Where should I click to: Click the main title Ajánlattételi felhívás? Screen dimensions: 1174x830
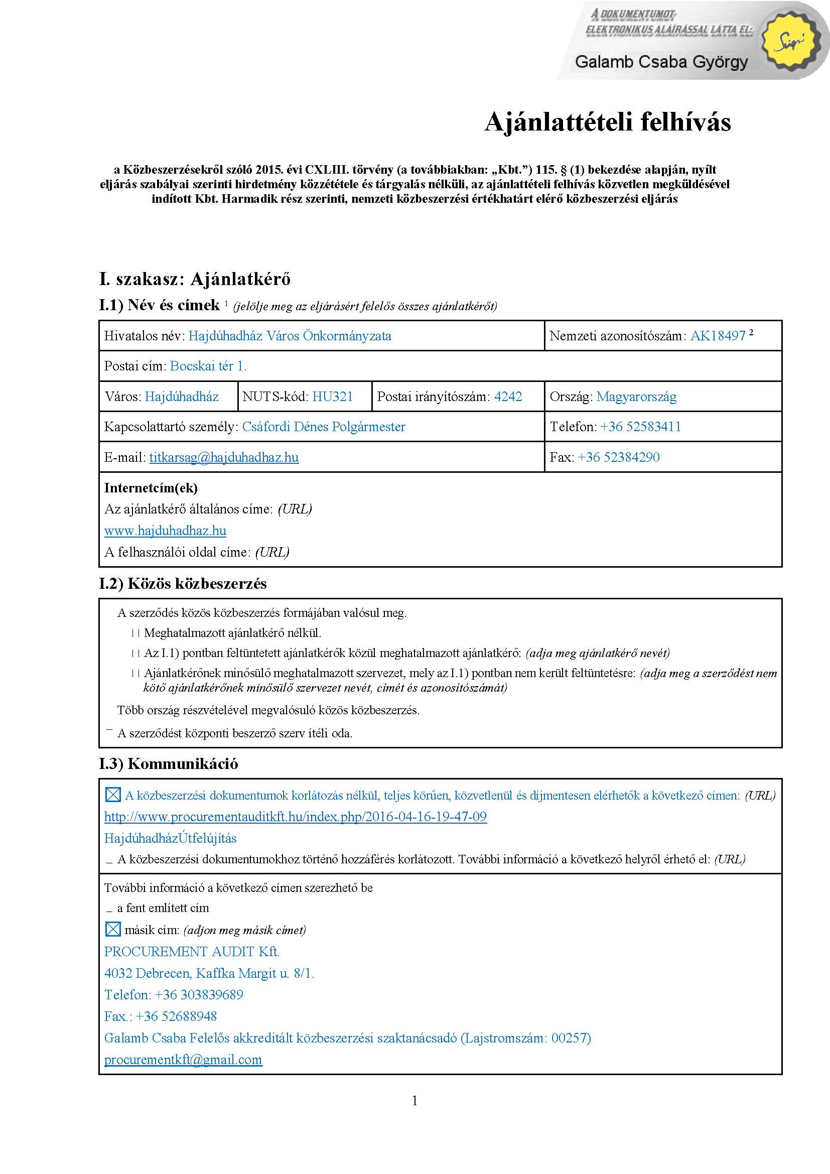pos(607,122)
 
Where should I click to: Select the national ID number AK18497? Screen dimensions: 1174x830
pos(718,336)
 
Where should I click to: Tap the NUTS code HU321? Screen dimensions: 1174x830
pos(332,397)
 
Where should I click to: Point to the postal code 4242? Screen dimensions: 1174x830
pos(508,397)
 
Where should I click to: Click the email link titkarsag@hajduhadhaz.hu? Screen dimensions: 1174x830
pos(224,457)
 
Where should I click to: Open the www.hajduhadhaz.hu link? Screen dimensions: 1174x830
pos(165,531)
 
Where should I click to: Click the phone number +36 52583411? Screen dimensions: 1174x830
pos(640,427)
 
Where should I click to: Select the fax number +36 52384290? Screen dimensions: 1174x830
pos(618,457)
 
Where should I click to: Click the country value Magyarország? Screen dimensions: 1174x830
pos(636,397)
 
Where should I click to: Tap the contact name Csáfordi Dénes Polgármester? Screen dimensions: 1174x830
pos(324,427)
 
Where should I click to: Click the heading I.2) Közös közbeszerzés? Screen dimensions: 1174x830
pos(183,584)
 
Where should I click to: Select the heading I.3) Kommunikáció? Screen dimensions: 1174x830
pos(169,764)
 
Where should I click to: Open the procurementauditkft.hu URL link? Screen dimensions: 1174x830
pos(296,817)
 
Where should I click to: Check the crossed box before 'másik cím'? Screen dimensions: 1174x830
pos(112,930)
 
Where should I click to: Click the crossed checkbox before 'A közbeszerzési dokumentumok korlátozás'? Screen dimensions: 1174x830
pos(112,795)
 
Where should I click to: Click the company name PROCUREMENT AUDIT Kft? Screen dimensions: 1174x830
pos(192,952)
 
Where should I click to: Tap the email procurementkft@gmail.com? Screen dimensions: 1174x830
pos(183,1060)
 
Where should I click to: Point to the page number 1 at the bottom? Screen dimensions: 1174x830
pos(414,1101)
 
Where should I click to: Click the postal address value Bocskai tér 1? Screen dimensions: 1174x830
pos(208,366)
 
